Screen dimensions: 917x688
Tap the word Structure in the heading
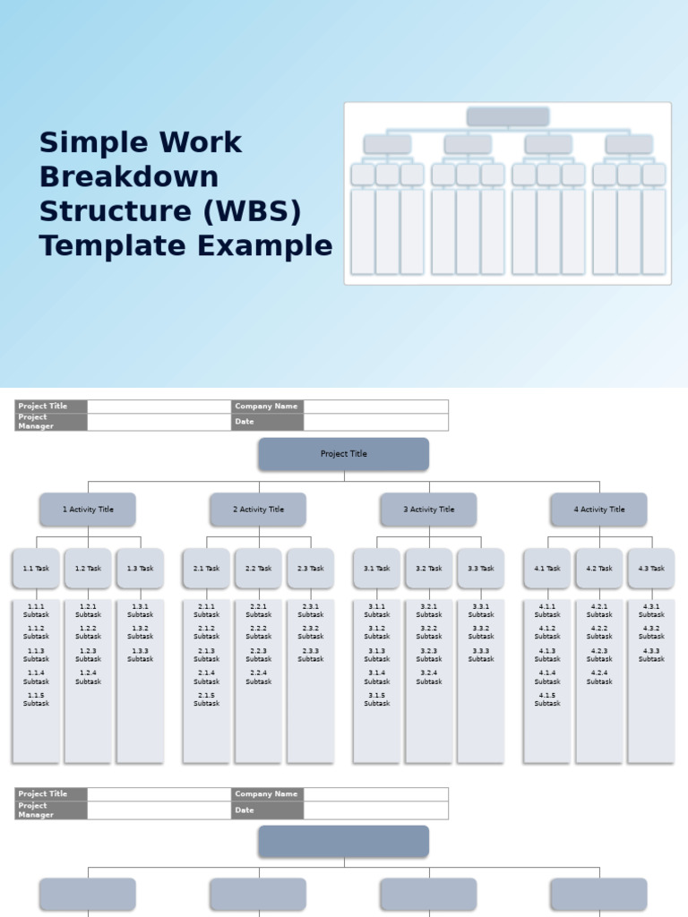(107, 211)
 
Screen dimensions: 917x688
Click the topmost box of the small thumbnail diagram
(507, 116)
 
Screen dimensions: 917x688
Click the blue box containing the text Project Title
(344, 454)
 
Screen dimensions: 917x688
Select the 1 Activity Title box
(88, 510)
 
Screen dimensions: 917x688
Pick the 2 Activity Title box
(258, 510)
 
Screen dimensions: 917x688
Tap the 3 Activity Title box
(428, 510)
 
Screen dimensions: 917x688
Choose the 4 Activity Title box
(598, 510)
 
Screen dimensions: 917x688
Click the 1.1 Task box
(36, 569)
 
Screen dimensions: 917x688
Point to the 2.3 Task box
(310, 569)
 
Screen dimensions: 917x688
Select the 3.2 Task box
(428, 569)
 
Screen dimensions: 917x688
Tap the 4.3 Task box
(650, 569)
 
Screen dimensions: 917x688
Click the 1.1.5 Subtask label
(36, 699)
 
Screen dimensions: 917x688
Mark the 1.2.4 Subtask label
(88, 677)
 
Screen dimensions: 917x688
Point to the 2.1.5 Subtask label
(206, 699)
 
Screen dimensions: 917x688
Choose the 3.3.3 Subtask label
(480, 655)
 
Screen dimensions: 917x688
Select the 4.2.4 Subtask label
(599, 677)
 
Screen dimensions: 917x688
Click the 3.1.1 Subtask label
(377, 611)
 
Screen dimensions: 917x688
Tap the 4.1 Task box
(546, 569)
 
